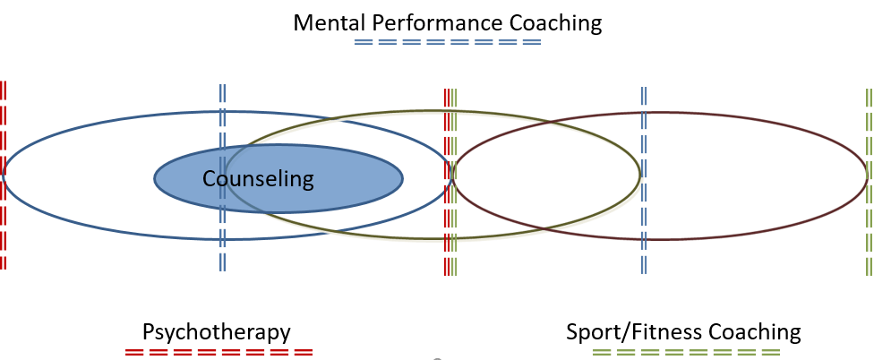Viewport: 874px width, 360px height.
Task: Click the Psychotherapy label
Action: tap(216, 332)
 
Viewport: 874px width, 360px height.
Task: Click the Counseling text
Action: tap(258, 179)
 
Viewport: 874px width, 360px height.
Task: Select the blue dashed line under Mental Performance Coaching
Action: tap(448, 42)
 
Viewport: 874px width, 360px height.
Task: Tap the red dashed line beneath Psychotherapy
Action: tap(218, 353)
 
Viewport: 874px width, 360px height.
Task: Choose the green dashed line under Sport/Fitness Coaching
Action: tap(685, 353)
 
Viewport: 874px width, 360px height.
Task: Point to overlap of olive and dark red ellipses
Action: tap(546, 176)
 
